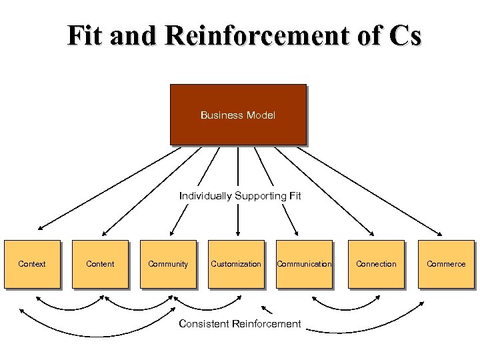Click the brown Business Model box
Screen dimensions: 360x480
(x=237, y=115)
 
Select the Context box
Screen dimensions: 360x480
(x=32, y=264)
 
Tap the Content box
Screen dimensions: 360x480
(x=100, y=264)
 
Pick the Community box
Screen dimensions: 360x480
(x=168, y=264)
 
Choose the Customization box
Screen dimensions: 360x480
(x=236, y=264)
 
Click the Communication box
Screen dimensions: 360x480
(x=304, y=264)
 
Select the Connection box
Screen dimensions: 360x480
(x=376, y=264)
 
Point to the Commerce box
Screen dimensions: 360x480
(x=446, y=264)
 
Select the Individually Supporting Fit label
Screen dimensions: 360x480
(x=240, y=196)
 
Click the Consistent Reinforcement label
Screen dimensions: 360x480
(x=240, y=324)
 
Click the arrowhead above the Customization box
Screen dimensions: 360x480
(x=237, y=233)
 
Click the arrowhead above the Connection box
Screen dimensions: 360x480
(x=371, y=233)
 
